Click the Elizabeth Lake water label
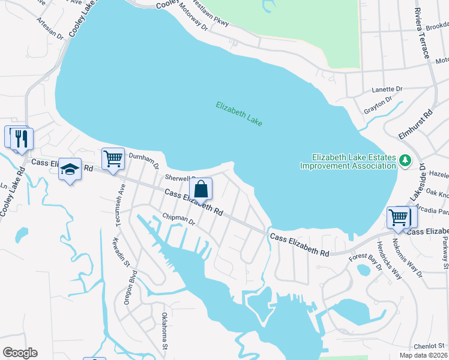(239, 113)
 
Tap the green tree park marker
(405, 161)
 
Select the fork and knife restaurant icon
(22, 139)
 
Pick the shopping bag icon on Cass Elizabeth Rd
(201, 189)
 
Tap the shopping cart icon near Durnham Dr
(113, 159)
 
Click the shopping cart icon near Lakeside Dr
(398, 217)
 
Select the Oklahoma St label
(163, 331)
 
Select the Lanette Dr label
(387, 89)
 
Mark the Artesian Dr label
(50, 28)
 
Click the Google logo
(20, 353)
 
